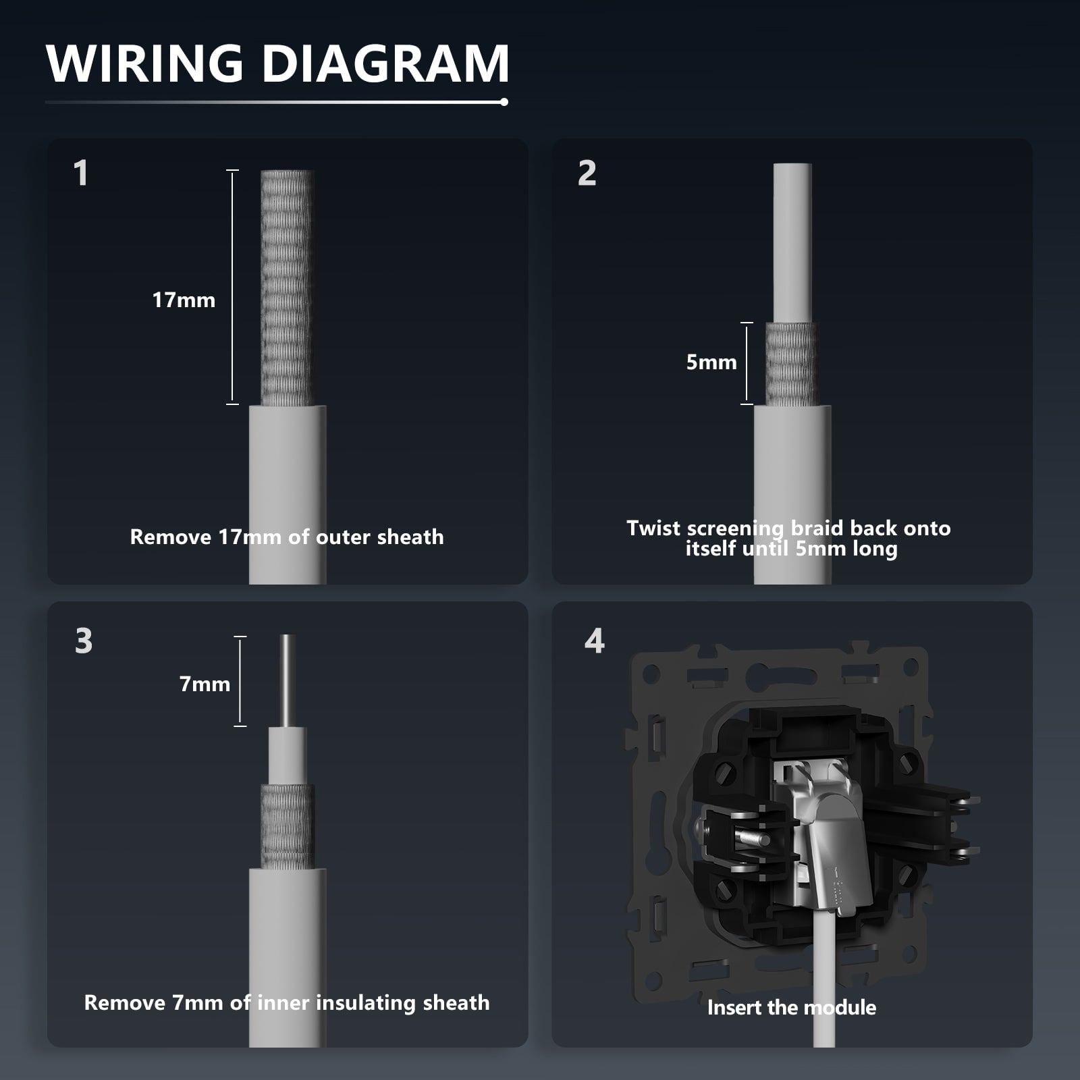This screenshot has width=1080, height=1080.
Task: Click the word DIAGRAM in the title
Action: click(x=385, y=63)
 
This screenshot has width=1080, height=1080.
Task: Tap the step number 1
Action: click(x=81, y=173)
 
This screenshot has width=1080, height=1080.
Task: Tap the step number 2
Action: click(x=587, y=173)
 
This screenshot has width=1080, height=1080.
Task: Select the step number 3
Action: click(x=84, y=641)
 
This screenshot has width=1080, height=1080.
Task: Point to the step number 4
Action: click(x=594, y=641)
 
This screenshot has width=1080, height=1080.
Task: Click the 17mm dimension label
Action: click(x=184, y=300)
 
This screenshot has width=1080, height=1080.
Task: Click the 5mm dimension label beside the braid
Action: click(x=711, y=362)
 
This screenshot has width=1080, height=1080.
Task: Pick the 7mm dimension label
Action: click(x=205, y=684)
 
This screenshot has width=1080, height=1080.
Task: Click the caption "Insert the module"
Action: click(x=791, y=1008)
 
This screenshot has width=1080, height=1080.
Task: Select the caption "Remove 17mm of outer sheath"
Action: click(x=287, y=537)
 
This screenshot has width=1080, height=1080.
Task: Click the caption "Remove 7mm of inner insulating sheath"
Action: click(x=287, y=1003)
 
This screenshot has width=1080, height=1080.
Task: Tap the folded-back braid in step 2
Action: click(x=792, y=364)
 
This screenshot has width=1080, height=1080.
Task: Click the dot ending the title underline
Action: click(x=504, y=102)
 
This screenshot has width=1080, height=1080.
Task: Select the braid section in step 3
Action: click(x=288, y=826)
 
